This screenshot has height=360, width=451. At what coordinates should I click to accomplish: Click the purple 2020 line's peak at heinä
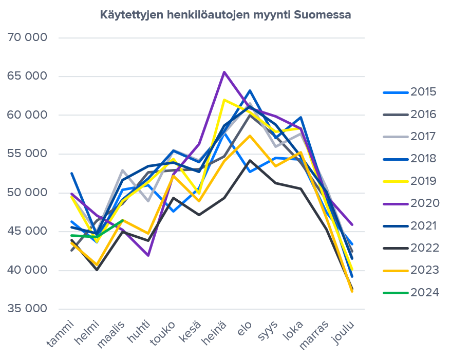[x=224, y=72]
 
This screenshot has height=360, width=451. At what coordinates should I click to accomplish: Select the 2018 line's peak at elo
[x=250, y=90]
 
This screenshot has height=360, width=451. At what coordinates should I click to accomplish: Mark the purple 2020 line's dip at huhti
[x=148, y=255]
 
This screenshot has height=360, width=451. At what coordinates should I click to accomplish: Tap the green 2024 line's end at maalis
[x=123, y=220]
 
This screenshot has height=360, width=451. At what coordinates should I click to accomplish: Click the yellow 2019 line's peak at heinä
[x=224, y=100]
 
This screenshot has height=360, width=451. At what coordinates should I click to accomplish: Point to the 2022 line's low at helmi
[x=97, y=270]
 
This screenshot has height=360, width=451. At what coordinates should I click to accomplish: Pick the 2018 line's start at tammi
[x=72, y=173]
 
